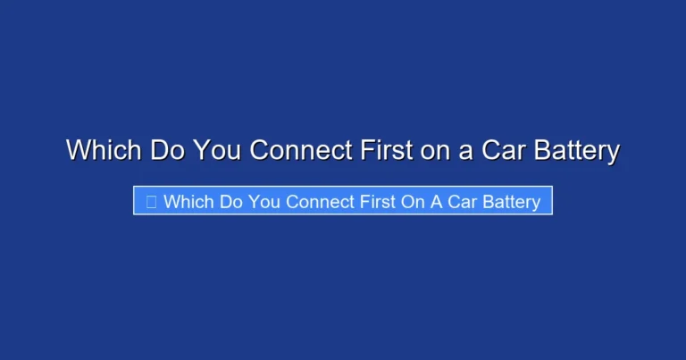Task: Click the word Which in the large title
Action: pos(104,150)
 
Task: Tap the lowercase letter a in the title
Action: pos(466,150)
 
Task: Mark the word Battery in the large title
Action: pos(575,150)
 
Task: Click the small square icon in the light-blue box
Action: pos(151,201)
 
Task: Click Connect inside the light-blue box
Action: pos(319,201)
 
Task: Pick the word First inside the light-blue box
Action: pos(380,201)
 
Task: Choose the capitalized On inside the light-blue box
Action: pos(417,201)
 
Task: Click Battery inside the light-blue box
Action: pos(513,201)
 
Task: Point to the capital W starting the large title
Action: pos(78,150)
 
